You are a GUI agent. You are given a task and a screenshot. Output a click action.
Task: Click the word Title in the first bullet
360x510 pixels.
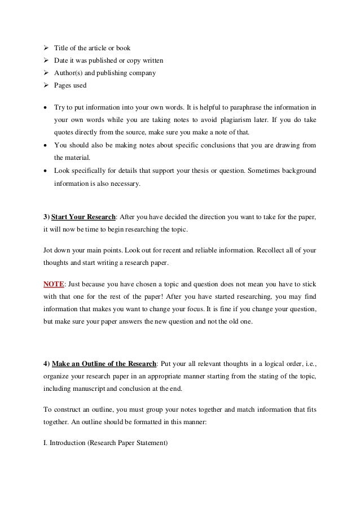pos(62,48)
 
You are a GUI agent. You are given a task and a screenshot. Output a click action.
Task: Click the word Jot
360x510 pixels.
pos(49,249)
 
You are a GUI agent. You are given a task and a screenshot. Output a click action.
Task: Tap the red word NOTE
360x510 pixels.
pos(54,283)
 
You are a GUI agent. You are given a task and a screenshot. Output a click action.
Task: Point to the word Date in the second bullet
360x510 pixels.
pos(61,60)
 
